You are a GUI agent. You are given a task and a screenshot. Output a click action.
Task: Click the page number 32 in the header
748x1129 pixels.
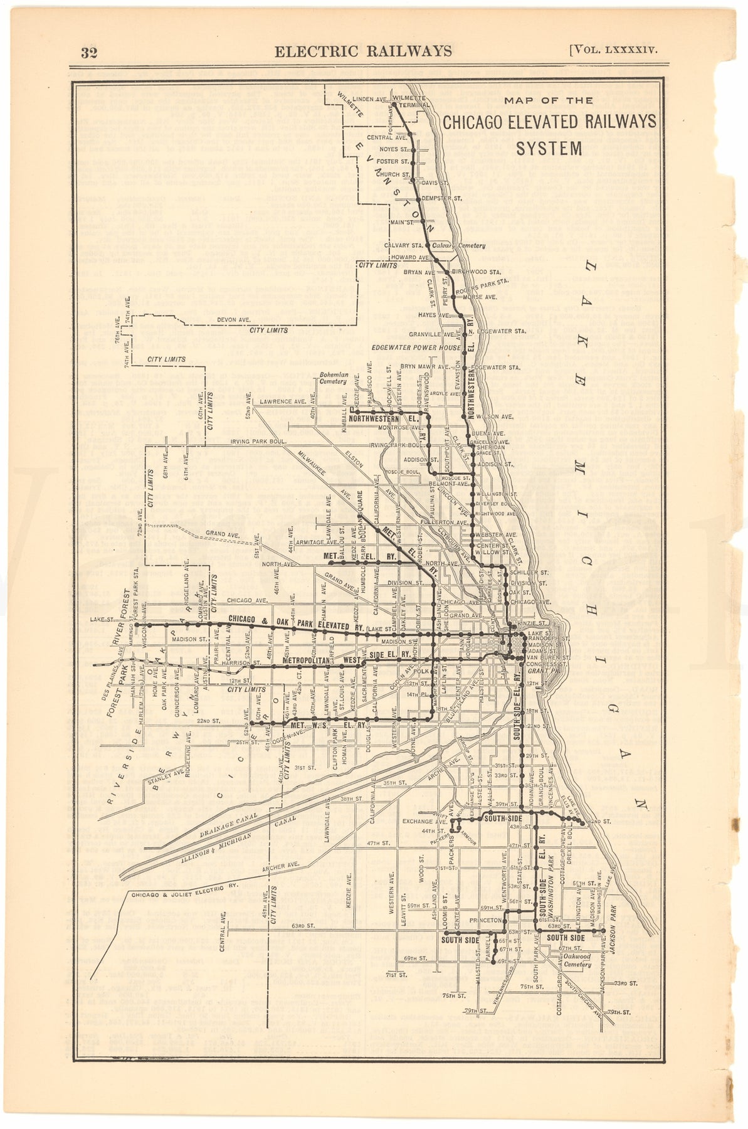pyautogui.click(x=89, y=52)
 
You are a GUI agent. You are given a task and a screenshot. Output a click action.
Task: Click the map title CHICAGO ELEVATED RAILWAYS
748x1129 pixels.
pyautogui.click(x=549, y=122)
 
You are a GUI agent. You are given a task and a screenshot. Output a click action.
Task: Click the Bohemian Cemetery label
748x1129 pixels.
pyautogui.click(x=333, y=377)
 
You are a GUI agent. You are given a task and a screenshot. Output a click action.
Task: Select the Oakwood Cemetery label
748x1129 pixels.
pyautogui.click(x=577, y=960)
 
